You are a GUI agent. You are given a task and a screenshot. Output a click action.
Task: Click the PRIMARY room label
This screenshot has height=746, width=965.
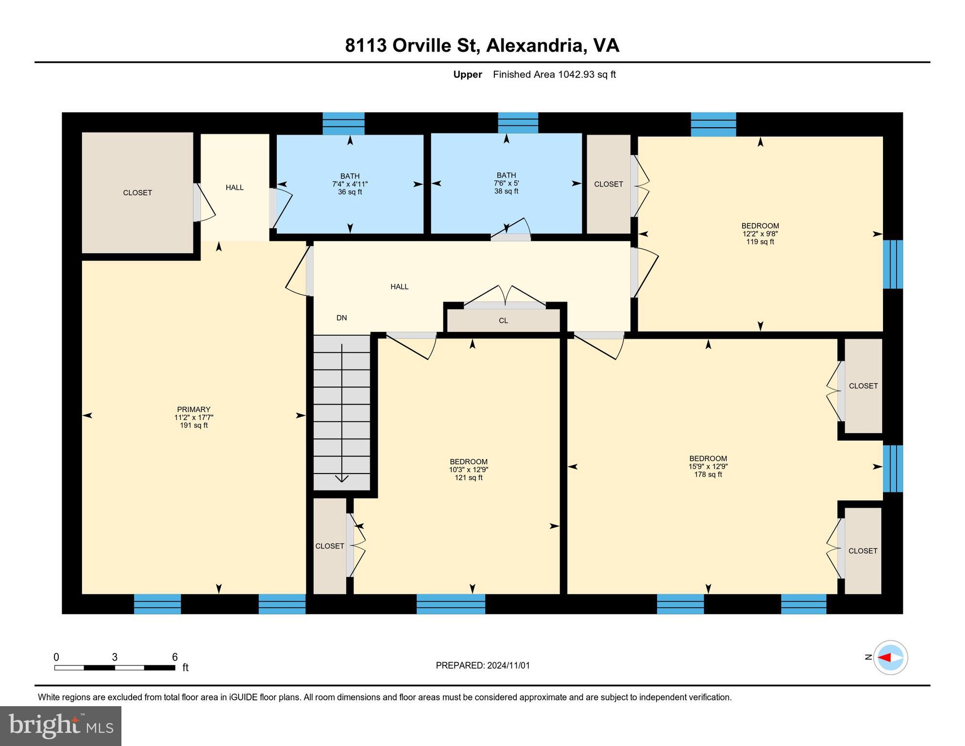[x=193, y=409]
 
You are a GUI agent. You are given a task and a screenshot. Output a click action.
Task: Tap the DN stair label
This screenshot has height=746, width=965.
[x=341, y=318]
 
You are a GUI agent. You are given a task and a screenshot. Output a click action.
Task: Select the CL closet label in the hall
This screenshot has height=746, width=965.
[x=503, y=321]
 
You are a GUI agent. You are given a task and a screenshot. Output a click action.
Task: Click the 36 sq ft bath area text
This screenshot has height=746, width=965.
[x=350, y=192]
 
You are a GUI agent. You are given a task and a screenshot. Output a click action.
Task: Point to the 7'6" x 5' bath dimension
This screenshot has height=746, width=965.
[x=506, y=183]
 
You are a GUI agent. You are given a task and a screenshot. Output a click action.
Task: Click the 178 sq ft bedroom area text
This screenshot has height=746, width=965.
[x=708, y=474]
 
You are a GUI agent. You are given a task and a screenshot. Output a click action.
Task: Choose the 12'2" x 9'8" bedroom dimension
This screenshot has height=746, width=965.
[x=760, y=234]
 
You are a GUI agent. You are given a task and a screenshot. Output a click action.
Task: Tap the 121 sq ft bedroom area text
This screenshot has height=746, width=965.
[x=468, y=477]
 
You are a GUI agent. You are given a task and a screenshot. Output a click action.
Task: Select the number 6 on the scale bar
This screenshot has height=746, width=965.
[x=175, y=657]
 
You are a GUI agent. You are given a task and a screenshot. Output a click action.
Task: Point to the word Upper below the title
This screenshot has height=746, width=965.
[x=467, y=74]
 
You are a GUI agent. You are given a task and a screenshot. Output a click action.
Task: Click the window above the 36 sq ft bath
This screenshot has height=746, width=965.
[x=343, y=123]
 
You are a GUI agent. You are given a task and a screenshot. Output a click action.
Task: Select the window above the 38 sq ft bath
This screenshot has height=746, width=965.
[x=518, y=123]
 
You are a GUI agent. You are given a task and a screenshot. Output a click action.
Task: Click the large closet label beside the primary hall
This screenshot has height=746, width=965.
[x=137, y=193]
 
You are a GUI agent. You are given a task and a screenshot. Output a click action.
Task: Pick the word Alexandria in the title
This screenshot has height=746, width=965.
[x=534, y=45]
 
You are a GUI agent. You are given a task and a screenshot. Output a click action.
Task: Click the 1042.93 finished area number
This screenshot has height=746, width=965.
[x=576, y=74]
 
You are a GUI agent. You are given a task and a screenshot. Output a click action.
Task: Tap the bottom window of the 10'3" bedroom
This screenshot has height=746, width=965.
[x=451, y=604]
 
